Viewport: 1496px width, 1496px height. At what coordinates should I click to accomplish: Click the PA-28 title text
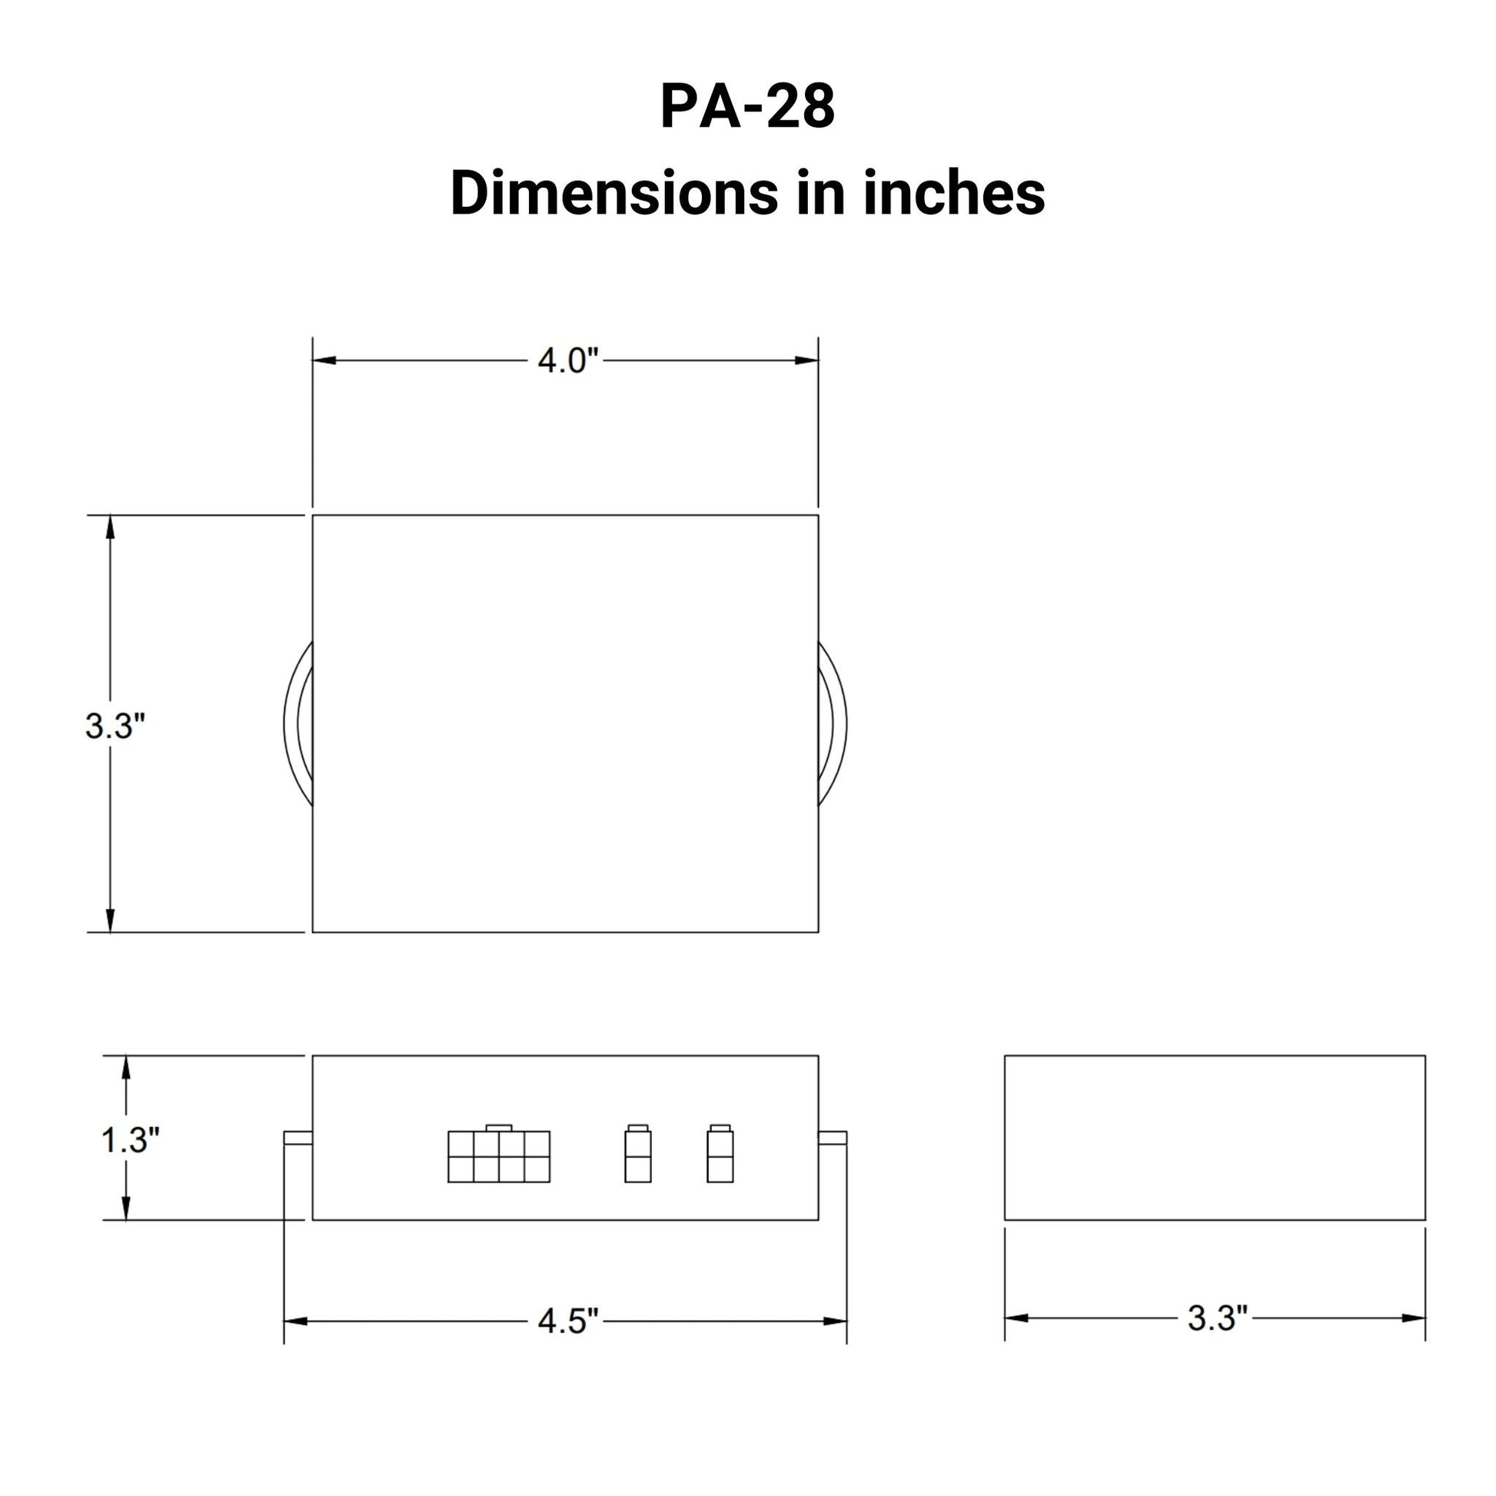click(747, 107)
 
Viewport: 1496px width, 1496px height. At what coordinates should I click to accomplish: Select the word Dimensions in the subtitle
click(613, 194)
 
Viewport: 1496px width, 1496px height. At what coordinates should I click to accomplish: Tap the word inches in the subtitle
click(954, 194)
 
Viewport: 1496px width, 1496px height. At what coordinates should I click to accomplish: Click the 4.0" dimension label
click(568, 361)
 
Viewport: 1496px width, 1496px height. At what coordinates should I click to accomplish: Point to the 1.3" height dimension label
click(130, 1140)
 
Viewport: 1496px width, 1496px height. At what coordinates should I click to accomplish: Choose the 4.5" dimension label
click(568, 1321)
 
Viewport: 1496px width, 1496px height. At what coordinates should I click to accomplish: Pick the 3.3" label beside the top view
click(115, 726)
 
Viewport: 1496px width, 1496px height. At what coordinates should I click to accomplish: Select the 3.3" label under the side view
click(1217, 1318)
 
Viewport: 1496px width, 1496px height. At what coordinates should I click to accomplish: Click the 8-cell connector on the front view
click(499, 1157)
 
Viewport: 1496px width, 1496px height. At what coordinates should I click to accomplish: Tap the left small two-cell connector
click(637, 1157)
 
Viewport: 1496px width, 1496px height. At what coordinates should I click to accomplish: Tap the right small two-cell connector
click(720, 1157)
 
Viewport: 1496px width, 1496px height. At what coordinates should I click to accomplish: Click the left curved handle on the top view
click(298, 724)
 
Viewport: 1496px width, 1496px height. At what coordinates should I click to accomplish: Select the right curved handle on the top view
click(833, 724)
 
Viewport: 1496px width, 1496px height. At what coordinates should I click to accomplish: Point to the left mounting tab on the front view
click(298, 1138)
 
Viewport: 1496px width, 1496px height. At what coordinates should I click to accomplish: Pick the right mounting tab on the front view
click(833, 1138)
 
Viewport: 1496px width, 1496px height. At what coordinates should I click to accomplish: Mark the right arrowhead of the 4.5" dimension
click(836, 1321)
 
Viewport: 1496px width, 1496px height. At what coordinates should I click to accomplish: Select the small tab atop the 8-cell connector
click(499, 1128)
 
